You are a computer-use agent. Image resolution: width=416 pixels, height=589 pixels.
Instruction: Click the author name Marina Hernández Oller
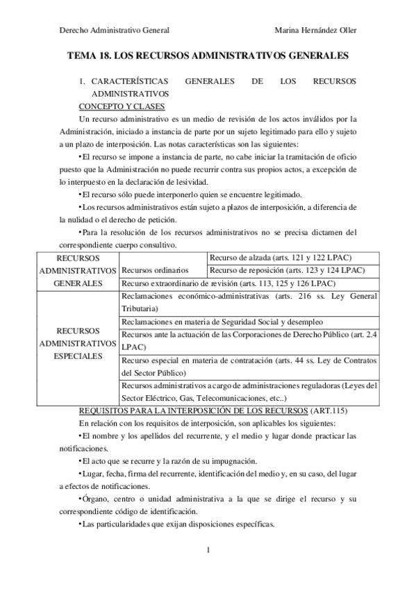[316, 29]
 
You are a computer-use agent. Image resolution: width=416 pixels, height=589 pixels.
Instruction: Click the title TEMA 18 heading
[208, 55]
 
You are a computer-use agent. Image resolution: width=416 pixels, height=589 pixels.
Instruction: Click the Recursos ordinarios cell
[155, 270]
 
